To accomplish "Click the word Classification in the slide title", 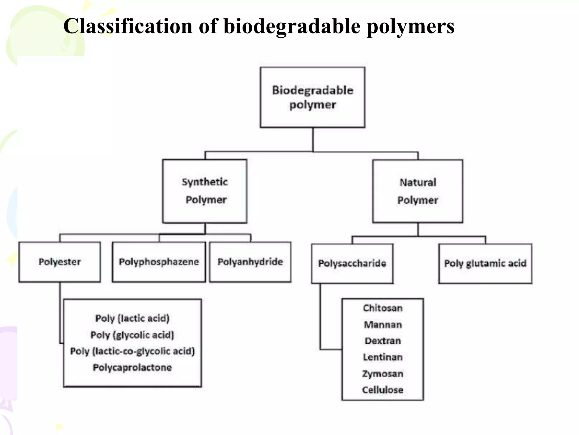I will click(128, 26).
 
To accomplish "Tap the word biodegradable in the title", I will click(292, 26).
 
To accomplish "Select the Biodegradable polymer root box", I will click(312, 97).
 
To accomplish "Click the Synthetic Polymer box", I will click(205, 191).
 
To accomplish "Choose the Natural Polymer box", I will click(418, 191).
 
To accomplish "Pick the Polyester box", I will click(60, 262).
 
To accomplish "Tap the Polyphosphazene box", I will click(159, 262).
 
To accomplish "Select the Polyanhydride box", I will click(250, 262).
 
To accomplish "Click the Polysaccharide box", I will click(352, 263).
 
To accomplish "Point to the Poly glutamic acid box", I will click(485, 263).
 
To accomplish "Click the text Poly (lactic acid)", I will click(132, 318).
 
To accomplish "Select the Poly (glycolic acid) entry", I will click(132, 335).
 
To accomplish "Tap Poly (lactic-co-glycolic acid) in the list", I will click(132, 351).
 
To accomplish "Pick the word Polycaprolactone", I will click(132, 368).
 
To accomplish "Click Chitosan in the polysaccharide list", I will click(383, 308).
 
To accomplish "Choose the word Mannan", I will click(383, 325).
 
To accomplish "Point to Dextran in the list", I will click(383, 341).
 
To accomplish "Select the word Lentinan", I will click(383, 357).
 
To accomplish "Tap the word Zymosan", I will click(383, 374).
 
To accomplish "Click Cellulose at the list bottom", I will click(383, 390).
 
